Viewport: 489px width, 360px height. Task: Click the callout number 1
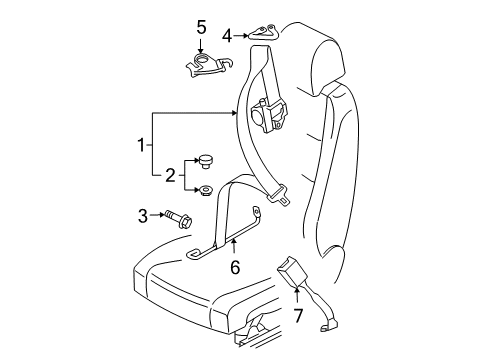(x=141, y=145)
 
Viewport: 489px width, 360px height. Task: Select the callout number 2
(x=170, y=175)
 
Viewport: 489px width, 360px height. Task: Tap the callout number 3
(x=143, y=216)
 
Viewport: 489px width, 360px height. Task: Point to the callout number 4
(x=227, y=36)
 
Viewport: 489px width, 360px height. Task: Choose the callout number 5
(x=201, y=27)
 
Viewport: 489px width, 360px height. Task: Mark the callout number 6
(x=235, y=267)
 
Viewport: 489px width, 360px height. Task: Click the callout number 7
(x=298, y=316)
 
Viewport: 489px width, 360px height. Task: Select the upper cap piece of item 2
(x=206, y=161)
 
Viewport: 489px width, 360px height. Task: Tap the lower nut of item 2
(x=206, y=190)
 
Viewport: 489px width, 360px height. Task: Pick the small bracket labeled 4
(x=264, y=32)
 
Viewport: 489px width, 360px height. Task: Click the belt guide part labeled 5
(x=209, y=66)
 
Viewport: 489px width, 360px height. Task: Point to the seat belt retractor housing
(x=268, y=114)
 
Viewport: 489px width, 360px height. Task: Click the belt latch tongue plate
(x=278, y=197)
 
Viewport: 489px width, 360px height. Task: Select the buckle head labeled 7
(x=290, y=269)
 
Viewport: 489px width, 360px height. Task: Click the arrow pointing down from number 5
(x=201, y=46)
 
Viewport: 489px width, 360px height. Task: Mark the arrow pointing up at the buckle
(x=297, y=297)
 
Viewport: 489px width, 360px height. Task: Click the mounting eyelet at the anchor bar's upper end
(x=256, y=211)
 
